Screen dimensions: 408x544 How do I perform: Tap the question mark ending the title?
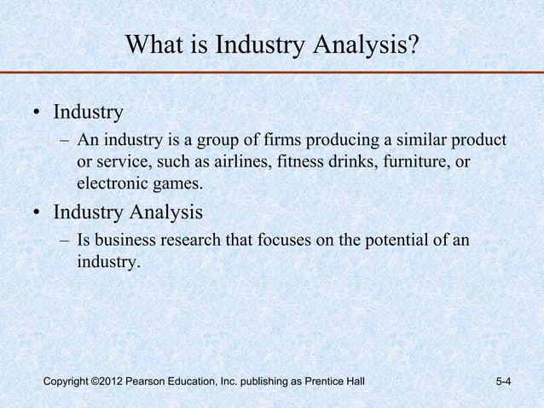[414, 44]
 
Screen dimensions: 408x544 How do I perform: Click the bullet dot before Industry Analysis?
[38, 212]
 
